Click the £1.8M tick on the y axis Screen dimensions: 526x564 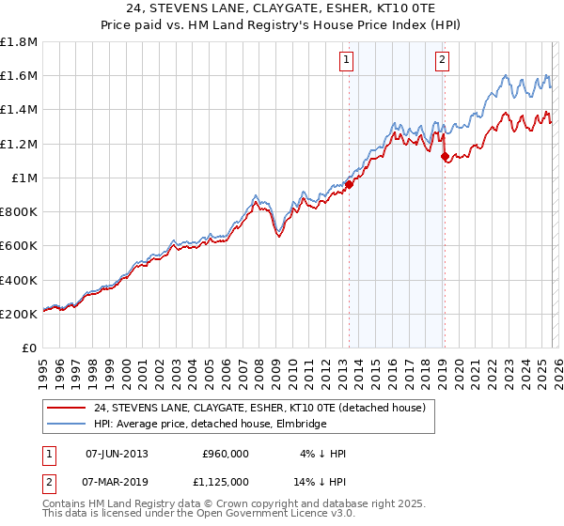coord(19,42)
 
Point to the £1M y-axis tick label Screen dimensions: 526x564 coord(23,178)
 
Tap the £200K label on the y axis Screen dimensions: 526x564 coord(19,314)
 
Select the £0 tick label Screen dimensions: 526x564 coord(30,348)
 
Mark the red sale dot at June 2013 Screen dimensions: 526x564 coord(348,184)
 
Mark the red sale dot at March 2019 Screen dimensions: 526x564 coord(444,157)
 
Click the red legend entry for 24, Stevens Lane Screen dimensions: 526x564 coord(259,408)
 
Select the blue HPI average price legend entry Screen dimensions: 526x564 coord(210,425)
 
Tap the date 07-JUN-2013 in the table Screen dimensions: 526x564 coord(117,454)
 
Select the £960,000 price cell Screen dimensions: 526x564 coord(226,454)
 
